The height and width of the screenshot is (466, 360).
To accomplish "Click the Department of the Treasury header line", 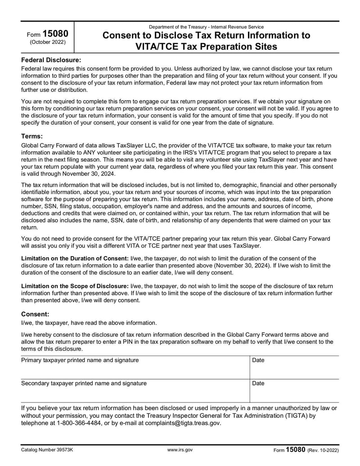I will coord(206,27).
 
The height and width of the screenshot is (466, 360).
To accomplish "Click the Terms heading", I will coord(32,136).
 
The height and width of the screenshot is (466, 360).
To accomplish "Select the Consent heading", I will coord(35,314).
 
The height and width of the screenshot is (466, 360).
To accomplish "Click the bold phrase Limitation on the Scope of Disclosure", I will coord(75,286).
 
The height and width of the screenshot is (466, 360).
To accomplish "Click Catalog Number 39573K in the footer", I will coord(47,450).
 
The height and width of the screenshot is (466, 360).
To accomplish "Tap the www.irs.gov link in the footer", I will coord(180,450).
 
